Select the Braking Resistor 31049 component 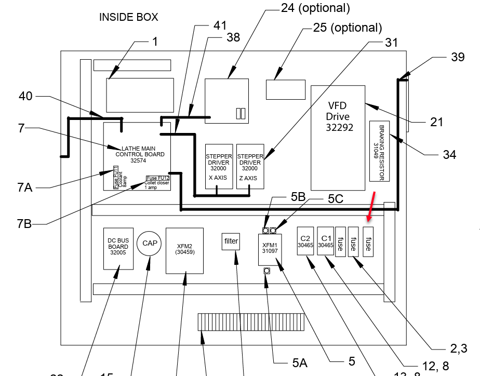coord(380,151)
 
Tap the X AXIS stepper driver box coord(219,166)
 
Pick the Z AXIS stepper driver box coord(250,166)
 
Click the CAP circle coord(150,243)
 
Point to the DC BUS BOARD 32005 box coord(119,248)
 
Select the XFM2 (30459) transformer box coord(184,250)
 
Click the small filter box coord(231,241)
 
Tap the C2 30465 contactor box coord(305,241)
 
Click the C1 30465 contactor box coord(325,241)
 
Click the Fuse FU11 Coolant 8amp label coord(120,177)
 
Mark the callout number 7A coord(24,187)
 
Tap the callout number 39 coord(457,57)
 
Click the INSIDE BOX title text coord(128,17)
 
